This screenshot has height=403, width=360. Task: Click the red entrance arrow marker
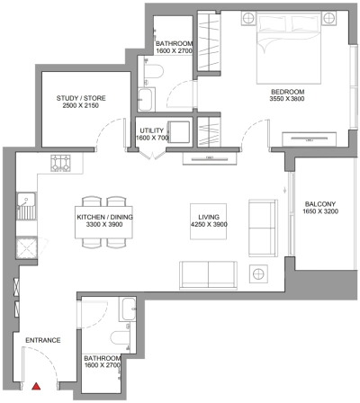tap(36, 386)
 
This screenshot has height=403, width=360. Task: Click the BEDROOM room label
tap(289, 92)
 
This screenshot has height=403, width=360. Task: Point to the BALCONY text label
tap(320, 203)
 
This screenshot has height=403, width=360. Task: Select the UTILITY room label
tap(151, 130)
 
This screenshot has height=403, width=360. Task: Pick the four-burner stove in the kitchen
tap(60, 163)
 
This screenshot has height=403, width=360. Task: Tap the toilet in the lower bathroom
tap(117, 338)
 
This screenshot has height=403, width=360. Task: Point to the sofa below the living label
tap(209, 273)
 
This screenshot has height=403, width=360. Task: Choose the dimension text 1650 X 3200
tap(320, 212)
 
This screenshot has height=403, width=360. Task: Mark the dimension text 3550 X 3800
tap(289, 101)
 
